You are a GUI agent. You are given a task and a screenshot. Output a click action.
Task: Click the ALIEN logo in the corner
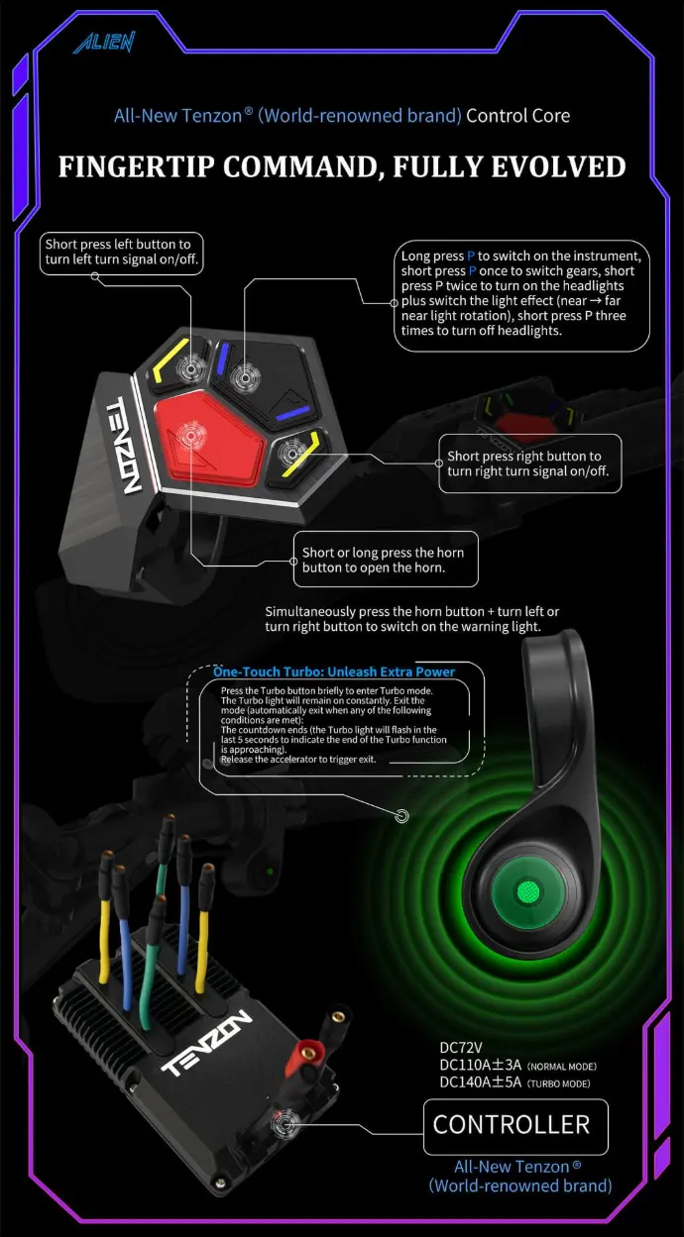pos(103,42)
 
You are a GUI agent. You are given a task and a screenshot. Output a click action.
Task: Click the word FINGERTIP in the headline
pos(135,166)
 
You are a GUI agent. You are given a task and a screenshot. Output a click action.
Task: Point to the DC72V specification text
pos(461,1047)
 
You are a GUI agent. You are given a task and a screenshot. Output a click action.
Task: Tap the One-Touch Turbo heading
pos(334,671)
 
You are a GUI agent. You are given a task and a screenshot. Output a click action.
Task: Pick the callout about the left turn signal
pos(122,253)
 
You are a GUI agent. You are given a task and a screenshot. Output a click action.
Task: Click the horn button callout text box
pos(385,560)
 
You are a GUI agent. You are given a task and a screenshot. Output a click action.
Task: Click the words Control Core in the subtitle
pos(517,116)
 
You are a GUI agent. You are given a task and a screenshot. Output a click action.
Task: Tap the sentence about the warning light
pos(411,619)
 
